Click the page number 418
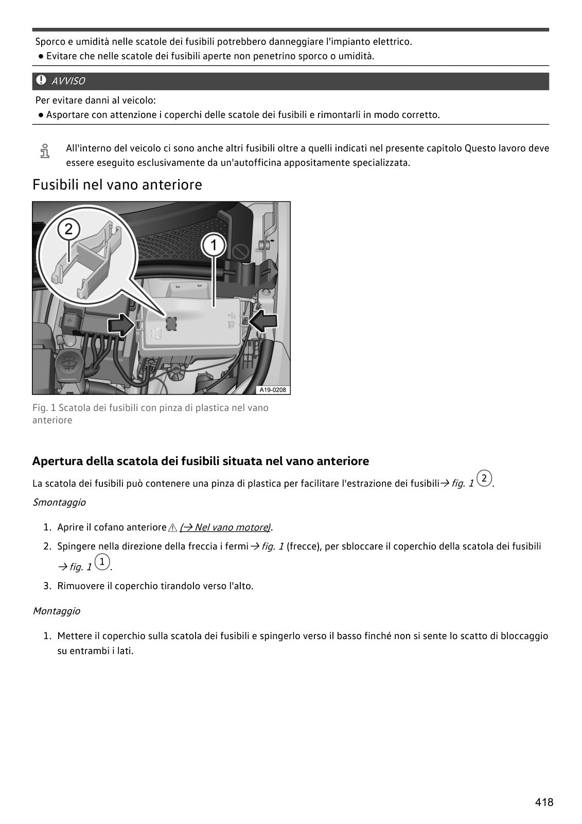544,802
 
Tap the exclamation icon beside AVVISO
41,80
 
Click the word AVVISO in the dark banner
68,81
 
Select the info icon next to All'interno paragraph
44,151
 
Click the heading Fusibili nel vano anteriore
117,185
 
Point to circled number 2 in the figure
69,229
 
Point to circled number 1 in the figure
214,245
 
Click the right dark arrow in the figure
263,321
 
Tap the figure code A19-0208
273,390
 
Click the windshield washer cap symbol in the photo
67,363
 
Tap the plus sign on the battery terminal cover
69,321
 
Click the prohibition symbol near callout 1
241,253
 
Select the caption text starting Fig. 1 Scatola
150,414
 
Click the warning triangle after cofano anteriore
172,528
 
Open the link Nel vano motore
225,527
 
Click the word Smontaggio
59,503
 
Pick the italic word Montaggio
57,611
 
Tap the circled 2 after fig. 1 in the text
484,478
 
